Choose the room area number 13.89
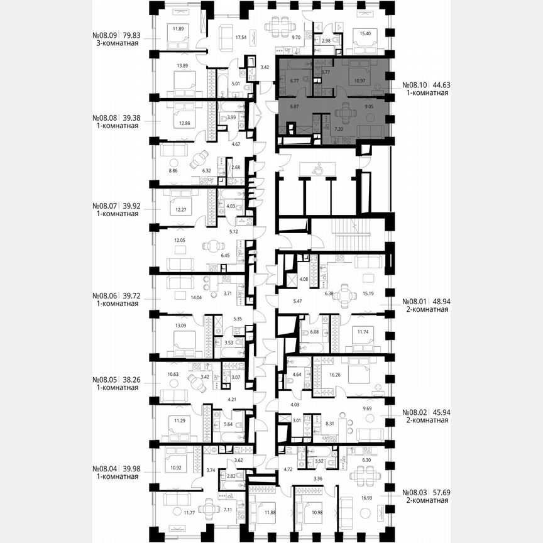coord(183,66)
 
